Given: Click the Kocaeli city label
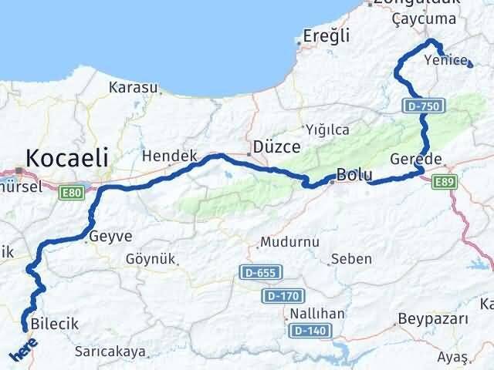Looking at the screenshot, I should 66,158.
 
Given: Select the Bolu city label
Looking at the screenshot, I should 354,174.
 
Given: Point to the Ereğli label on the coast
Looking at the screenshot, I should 327,35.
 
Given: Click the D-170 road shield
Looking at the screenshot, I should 284,296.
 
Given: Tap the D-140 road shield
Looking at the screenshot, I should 309,331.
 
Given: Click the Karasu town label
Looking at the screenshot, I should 133,87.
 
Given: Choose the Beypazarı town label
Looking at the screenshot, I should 433,318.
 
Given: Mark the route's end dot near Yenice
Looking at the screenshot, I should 470,66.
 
